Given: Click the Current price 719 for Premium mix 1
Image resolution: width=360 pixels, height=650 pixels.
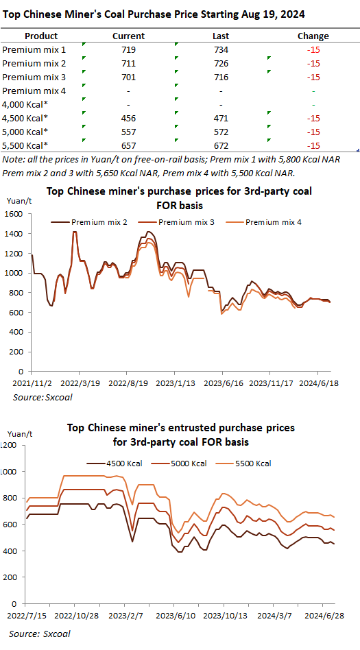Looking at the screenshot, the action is click(129, 50).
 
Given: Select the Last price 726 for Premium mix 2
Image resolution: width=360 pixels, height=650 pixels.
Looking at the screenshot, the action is click(221, 64).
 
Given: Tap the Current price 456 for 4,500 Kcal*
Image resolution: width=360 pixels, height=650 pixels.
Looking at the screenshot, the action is click(129, 118).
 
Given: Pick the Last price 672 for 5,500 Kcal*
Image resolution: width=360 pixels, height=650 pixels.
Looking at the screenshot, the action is click(221, 145).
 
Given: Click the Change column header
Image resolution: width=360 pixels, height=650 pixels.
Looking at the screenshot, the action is click(313, 36).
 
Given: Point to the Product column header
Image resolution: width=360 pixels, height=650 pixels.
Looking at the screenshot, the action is click(41, 36).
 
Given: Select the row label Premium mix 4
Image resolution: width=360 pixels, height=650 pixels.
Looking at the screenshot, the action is click(34, 91).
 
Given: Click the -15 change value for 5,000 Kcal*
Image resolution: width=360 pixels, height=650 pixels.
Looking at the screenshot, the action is click(313, 132).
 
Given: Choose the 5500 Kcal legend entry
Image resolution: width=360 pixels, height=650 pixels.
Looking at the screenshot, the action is click(247, 464).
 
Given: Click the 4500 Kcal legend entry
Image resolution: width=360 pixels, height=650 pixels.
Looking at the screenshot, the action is click(115, 464).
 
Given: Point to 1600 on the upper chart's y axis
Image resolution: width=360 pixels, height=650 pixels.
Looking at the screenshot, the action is click(14, 214).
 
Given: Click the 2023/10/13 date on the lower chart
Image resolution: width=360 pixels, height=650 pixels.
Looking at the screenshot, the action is click(224, 614).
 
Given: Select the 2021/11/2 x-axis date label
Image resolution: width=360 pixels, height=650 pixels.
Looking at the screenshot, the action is click(32, 383).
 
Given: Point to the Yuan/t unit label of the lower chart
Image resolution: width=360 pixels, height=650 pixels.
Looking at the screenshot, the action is click(20, 434).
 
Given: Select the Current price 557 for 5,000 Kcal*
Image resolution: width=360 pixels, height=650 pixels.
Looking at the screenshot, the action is click(129, 132).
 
